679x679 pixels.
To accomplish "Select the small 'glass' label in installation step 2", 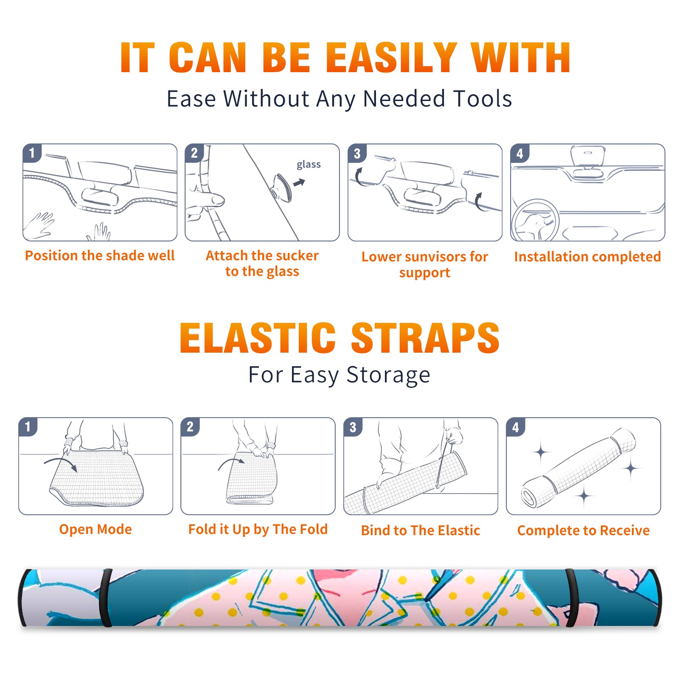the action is (309, 165).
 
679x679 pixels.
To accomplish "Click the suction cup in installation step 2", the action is (282, 187).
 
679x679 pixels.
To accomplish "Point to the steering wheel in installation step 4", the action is (535, 220).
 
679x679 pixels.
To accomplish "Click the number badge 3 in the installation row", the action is (357, 153).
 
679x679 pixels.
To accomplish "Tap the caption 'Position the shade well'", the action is (100, 255).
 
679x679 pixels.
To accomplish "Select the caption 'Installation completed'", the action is (587, 256).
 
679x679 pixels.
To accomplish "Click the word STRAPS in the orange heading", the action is (425, 338).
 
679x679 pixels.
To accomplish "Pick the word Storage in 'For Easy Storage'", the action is (388, 375).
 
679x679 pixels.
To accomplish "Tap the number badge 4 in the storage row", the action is (516, 427).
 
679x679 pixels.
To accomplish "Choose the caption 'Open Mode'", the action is (95, 529).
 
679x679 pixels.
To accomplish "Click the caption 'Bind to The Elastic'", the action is (420, 530).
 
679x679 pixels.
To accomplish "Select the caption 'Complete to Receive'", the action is (583, 530).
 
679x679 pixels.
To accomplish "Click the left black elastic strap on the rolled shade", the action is (106, 598).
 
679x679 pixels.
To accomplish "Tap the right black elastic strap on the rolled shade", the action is (571, 598).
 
